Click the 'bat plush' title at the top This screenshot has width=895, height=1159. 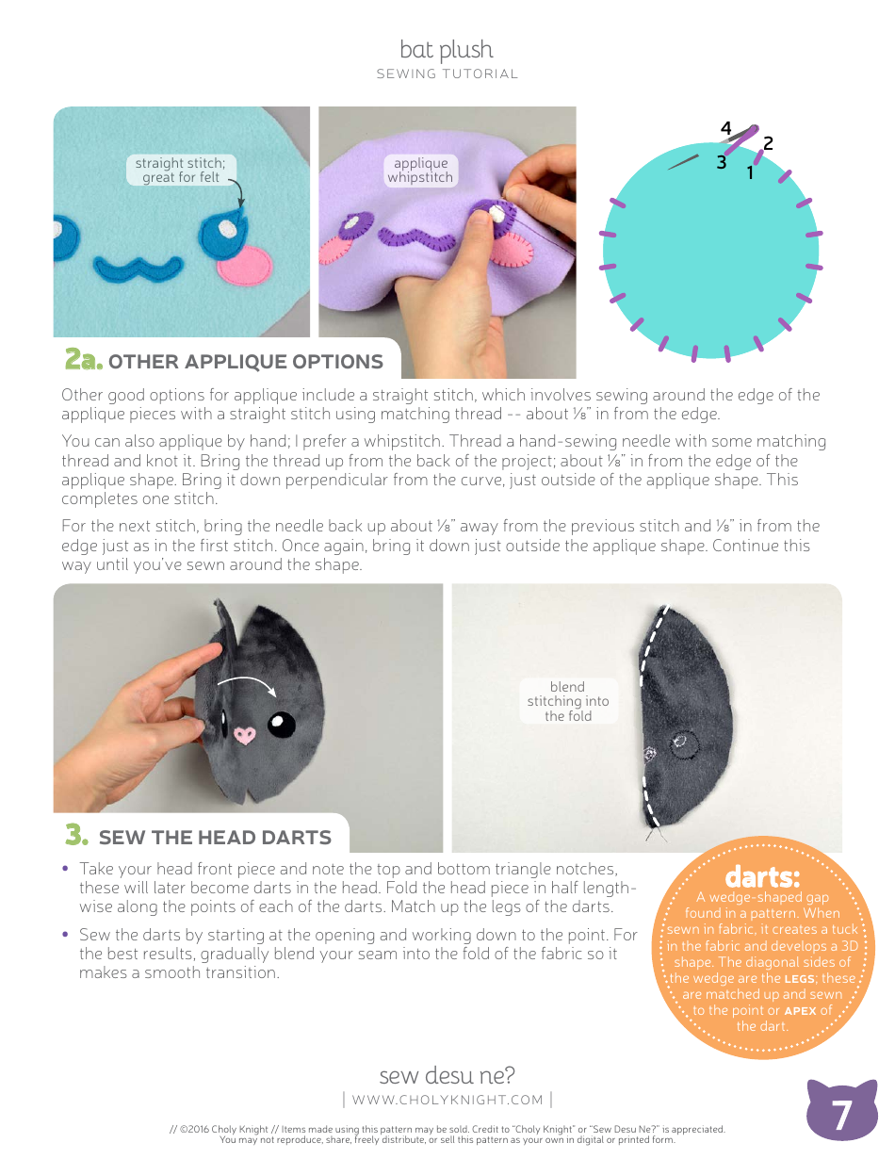(x=447, y=49)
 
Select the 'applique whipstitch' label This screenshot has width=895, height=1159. (x=420, y=171)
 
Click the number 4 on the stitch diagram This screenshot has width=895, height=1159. (x=725, y=128)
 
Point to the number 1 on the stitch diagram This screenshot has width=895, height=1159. (x=751, y=173)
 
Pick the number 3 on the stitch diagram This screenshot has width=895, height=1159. (x=721, y=162)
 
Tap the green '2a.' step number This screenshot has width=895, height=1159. (x=82, y=360)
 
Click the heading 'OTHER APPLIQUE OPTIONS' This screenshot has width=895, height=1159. (x=246, y=362)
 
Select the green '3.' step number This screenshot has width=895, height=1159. (x=76, y=836)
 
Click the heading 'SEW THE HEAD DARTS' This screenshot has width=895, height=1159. (x=215, y=838)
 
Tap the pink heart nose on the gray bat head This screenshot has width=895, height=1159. (x=245, y=733)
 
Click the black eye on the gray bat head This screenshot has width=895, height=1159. (x=281, y=724)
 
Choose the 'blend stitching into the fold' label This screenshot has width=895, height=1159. (x=568, y=701)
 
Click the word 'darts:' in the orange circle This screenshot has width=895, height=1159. (x=762, y=878)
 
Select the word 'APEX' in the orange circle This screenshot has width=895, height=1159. (x=800, y=1010)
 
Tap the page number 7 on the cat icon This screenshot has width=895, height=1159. (x=842, y=1115)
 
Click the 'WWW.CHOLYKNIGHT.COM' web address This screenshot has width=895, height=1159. (x=447, y=1100)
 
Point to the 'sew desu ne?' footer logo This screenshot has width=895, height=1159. (x=447, y=1075)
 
